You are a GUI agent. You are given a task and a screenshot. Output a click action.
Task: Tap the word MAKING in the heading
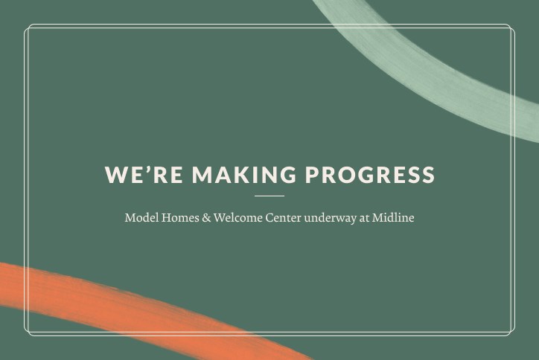[x=243, y=175]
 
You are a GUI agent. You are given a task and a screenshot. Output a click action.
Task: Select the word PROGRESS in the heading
[x=370, y=175]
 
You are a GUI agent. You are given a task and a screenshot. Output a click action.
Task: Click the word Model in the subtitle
[x=139, y=218]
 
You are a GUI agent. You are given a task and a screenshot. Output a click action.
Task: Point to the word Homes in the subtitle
[x=178, y=218]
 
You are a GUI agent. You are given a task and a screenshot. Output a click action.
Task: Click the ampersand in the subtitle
[x=206, y=218]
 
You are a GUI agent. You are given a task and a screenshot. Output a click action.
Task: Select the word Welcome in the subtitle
[x=237, y=218]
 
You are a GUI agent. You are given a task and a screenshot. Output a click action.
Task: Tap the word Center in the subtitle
[x=283, y=218]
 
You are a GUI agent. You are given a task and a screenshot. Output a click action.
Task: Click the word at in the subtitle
[x=365, y=218]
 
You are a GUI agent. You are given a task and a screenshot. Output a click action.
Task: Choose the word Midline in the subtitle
[x=394, y=218]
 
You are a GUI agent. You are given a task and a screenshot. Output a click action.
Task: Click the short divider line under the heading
[x=269, y=196]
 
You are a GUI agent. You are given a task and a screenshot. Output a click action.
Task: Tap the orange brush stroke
[x=112, y=301]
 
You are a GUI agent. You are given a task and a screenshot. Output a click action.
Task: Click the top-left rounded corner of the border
[x=28, y=28]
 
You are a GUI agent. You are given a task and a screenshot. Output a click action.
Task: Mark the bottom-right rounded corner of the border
[x=511, y=332]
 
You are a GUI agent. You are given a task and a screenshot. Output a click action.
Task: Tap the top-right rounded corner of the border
[x=511, y=28]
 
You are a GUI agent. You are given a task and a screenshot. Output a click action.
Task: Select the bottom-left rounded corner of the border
[x=28, y=332]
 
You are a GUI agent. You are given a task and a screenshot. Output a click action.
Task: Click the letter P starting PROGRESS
[x=312, y=175]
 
